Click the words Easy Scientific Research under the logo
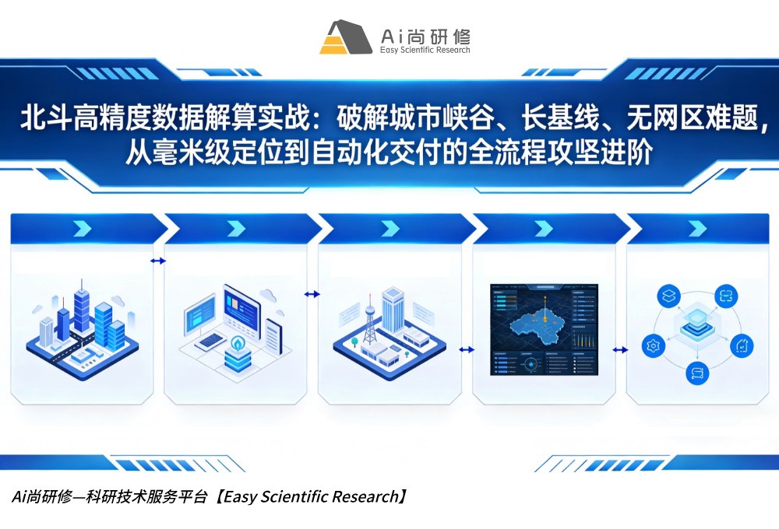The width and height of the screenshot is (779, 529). coord(425,51)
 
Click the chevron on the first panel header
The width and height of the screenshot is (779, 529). coord(81,228)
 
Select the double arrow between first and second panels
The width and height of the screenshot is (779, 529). coord(158,261)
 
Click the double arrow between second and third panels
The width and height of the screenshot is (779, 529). coord(312,294)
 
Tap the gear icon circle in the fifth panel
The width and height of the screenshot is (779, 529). coord(653,345)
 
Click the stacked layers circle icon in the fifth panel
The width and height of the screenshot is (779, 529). coord(668,296)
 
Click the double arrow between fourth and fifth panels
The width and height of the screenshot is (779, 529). coord(621,350)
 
